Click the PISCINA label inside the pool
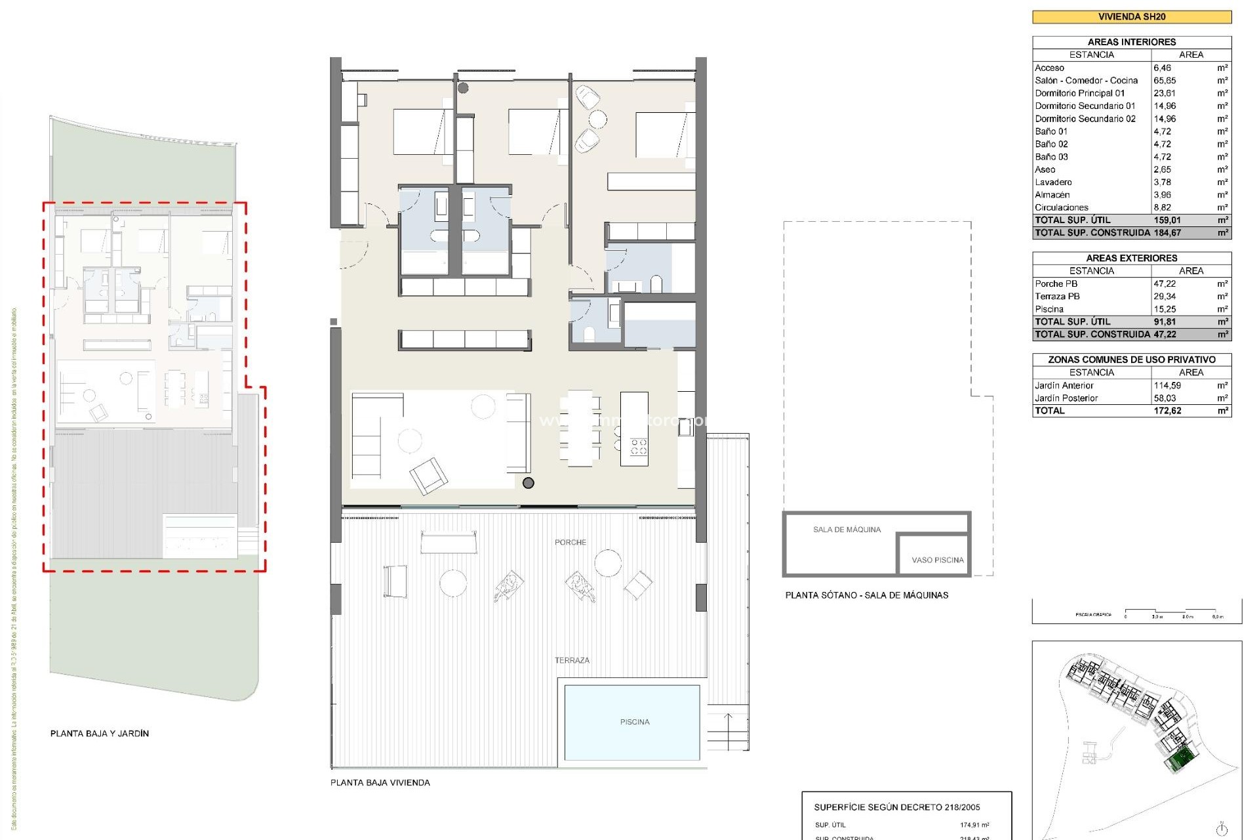click(634, 722)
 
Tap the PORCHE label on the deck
click(570, 542)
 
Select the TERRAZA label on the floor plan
click(572, 660)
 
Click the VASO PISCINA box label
click(937, 560)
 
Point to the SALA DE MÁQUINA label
click(847, 530)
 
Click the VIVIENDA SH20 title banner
click(1131, 17)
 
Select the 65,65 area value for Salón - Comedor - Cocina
click(1165, 81)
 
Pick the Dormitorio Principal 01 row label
click(1079, 93)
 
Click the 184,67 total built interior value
click(1167, 233)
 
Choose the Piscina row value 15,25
click(1165, 309)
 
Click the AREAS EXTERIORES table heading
click(1131, 258)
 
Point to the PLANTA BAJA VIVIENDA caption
click(380, 782)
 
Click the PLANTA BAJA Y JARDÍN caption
click(100, 733)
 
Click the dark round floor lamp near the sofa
click(529, 483)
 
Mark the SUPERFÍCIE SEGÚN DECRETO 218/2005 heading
click(896, 807)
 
